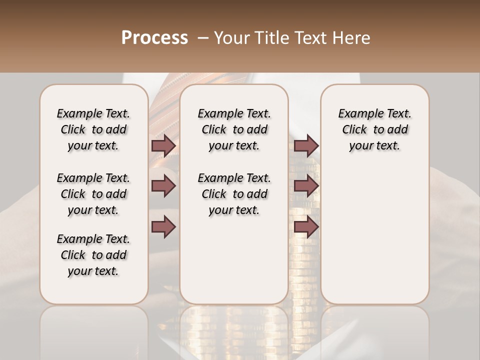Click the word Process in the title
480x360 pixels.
[154, 38]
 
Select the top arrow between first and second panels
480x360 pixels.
[163, 145]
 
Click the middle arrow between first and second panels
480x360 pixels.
[163, 186]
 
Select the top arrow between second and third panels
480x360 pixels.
[306, 145]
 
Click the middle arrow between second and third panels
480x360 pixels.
[306, 186]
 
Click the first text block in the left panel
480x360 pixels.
[93, 129]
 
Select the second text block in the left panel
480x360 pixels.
[93, 194]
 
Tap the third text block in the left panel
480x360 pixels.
[93, 255]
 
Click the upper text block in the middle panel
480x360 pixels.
[234, 129]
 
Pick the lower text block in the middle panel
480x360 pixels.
[234, 194]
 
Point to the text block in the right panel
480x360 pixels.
[375, 129]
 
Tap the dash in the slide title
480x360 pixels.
[203, 38]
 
